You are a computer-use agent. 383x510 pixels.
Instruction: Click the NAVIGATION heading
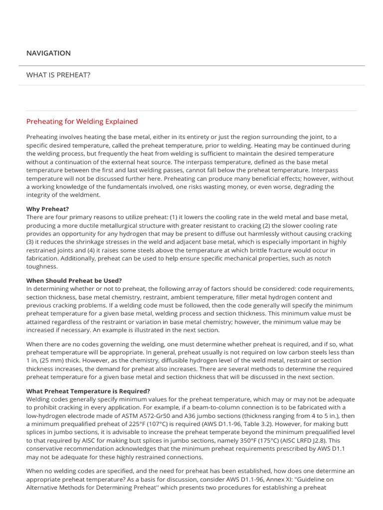(x=48, y=53)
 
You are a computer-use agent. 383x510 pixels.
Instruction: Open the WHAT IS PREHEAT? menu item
(x=58, y=75)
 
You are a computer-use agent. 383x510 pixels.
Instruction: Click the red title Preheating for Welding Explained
(x=82, y=122)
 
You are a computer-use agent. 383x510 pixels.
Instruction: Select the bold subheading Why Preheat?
(x=47, y=209)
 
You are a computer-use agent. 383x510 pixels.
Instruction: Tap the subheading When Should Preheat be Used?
(x=74, y=281)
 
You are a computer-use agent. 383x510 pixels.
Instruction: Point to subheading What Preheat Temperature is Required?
(x=88, y=391)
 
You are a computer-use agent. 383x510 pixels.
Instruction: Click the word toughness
(x=42, y=266)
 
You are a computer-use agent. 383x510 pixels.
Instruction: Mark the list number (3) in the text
(x=30, y=242)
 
